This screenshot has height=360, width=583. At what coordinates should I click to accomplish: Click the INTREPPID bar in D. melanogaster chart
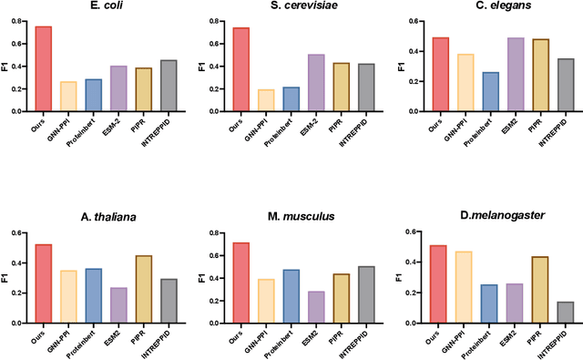tap(565, 312)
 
